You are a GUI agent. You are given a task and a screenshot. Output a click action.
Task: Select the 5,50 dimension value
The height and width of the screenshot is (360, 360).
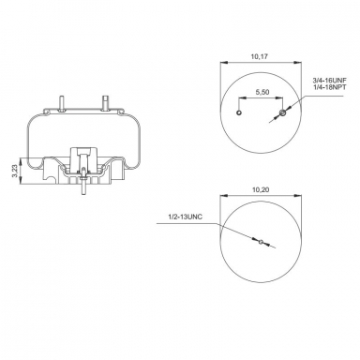coord(262,92)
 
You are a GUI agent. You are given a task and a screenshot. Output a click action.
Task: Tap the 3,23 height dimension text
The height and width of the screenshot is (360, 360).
coord(14,172)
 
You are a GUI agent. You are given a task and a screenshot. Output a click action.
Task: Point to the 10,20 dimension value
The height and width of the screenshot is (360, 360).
coord(261,189)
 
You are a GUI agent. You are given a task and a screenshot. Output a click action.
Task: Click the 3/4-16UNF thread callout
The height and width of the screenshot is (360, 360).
coord(330,80)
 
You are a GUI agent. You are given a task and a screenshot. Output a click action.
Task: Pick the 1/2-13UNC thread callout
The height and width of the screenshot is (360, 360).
coord(186,217)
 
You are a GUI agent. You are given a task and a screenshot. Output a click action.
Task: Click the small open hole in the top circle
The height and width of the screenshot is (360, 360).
coord(239,112)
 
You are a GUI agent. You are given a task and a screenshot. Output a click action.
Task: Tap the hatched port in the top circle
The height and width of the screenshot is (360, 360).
coord(282,112)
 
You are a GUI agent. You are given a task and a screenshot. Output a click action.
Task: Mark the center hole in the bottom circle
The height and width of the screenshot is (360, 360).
coord(261,242)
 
